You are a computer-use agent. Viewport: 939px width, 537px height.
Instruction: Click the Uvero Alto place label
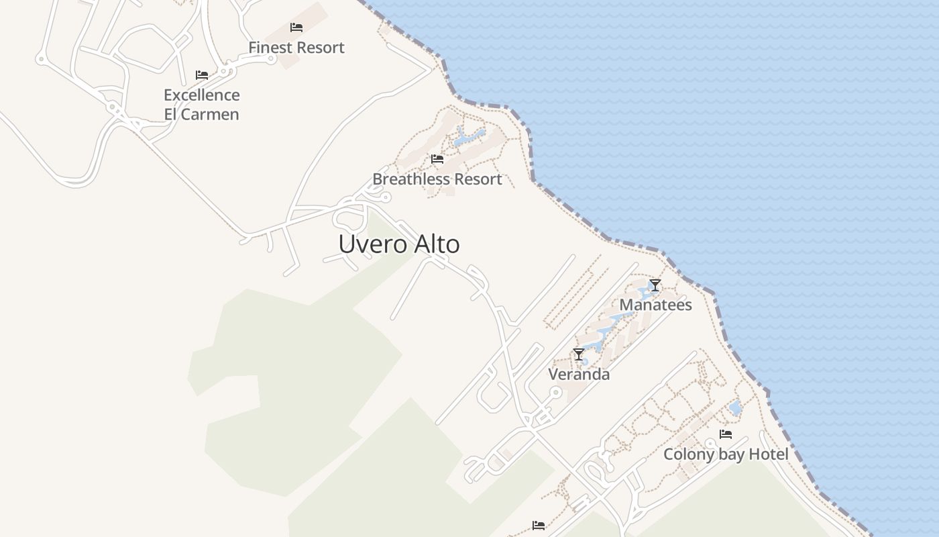click(x=399, y=244)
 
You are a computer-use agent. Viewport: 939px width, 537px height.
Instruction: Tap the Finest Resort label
click(x=296, y=48)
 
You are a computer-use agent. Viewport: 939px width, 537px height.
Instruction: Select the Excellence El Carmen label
click(x=201, y=104)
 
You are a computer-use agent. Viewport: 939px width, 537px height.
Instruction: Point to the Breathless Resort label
click(x=437, y=179)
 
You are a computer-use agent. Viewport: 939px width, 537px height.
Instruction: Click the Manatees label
click(x=655, y=305)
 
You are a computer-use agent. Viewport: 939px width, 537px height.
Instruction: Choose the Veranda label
click(x=579, y=375)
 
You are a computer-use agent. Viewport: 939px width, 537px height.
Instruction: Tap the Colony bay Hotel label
click(x=726, y=454)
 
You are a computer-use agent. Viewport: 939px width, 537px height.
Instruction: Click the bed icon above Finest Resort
click(x=296, y=28)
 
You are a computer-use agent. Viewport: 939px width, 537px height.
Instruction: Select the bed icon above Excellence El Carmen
click(x=202, y=75)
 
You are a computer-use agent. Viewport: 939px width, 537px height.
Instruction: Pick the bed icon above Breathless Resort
click(x=437, y=159)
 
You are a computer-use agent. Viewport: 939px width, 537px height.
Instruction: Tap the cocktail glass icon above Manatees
click(x=655, y=285)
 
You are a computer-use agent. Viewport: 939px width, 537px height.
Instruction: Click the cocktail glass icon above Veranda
click(x=579, y=354)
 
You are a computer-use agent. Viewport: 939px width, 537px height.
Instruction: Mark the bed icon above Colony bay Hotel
click(x=726, y=434)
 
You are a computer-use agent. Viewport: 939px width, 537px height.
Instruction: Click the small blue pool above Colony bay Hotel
click(x=735, y=407)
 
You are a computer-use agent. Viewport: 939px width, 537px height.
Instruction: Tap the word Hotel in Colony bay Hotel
click(x=768, y=454)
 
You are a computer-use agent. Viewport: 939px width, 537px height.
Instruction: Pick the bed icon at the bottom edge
click(x=539, y=526)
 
